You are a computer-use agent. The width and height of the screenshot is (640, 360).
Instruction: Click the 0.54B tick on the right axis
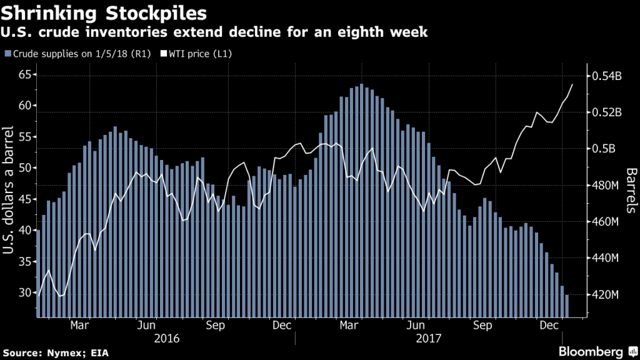606,76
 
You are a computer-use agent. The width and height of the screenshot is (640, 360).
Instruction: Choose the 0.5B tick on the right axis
604,149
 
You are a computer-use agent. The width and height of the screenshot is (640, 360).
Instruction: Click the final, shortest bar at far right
567,306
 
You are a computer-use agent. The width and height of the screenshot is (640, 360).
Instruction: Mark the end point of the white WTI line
572,84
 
